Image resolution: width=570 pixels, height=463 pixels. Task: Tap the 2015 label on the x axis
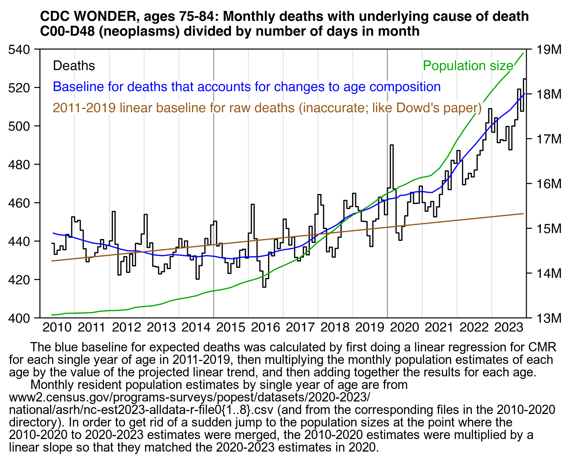231,327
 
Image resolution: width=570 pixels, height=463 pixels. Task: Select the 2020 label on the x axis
405,327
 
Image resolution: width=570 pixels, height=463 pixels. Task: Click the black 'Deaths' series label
74,66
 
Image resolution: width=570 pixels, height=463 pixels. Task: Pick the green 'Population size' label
468,66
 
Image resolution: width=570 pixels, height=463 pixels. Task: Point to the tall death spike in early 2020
392,146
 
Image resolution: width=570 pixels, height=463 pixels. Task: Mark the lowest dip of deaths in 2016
264,286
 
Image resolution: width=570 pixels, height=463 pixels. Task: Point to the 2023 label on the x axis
509,327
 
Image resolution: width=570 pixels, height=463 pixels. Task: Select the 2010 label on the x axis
57,327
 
